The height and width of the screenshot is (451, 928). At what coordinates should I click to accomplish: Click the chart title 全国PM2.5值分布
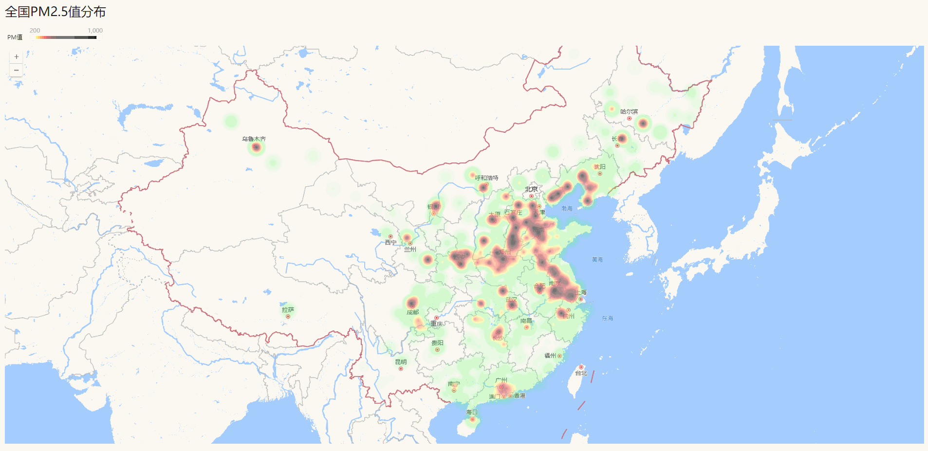[56, 12]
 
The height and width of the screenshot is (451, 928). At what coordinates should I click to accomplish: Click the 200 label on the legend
[35, 30]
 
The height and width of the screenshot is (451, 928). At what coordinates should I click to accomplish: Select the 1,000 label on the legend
[95, 30]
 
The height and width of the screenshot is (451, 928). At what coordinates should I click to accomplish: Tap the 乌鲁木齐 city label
[254, 139]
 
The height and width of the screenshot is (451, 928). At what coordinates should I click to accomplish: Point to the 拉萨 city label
[288, 309]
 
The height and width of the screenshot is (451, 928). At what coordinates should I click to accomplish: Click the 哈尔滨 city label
[629, 111]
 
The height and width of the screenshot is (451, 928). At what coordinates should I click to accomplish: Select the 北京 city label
[531, 189]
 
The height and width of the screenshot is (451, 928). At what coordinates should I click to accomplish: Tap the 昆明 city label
[401, 362]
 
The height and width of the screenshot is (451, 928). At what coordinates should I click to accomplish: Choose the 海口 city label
[472, 412]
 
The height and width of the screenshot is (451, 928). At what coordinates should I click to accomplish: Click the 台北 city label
[581, 373]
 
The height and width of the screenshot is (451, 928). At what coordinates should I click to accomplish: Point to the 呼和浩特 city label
[486, 178]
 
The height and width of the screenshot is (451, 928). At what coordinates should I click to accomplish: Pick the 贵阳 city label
[437, 343]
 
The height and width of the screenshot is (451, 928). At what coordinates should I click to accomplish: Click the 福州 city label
[550, 356]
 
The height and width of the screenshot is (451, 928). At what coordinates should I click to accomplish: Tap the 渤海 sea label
[567, 208]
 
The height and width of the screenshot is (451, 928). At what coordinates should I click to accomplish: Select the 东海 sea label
[607, 318]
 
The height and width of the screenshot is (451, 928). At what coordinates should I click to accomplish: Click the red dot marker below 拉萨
[288, 317]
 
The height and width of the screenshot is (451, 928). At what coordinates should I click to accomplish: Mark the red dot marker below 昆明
[401, 369]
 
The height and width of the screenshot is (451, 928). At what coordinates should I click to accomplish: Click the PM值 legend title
[15, 37]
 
